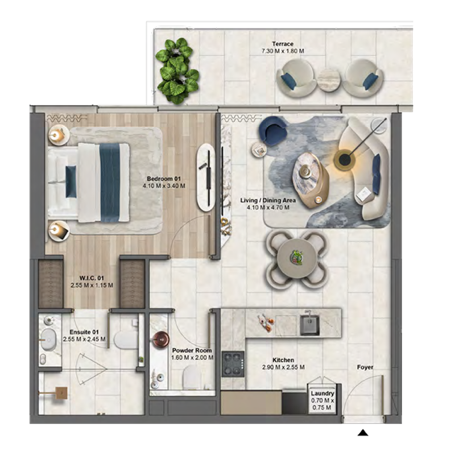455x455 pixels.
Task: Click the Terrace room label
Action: tap(282, 44)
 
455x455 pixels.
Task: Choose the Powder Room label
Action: tap(192, 350)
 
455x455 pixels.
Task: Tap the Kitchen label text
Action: tap(283, 360)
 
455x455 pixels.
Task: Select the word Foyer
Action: tap(365, 367)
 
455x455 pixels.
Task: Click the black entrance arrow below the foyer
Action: tap(363, 434)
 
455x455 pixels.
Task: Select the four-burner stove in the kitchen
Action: tap(233, 363)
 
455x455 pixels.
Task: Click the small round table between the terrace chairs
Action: tap(328, 79)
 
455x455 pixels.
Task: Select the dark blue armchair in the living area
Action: tap(274, 130)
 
